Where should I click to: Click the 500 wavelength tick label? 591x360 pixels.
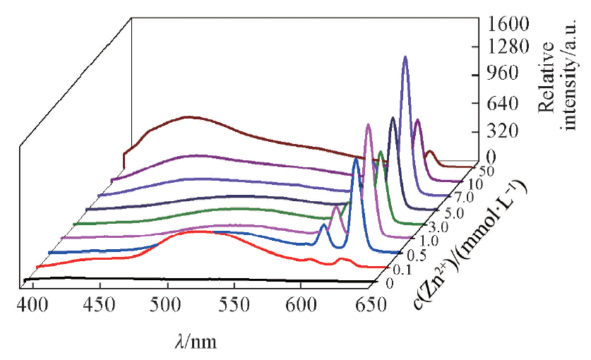coord(168,305)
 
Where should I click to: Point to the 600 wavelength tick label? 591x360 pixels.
coord(302,305)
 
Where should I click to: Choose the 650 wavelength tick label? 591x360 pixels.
coord(369,305)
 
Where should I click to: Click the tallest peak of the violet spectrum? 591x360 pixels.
coord(405,58)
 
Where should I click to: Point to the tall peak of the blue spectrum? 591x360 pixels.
coord(355,160)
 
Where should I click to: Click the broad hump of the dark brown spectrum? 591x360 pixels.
coord(187,117)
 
